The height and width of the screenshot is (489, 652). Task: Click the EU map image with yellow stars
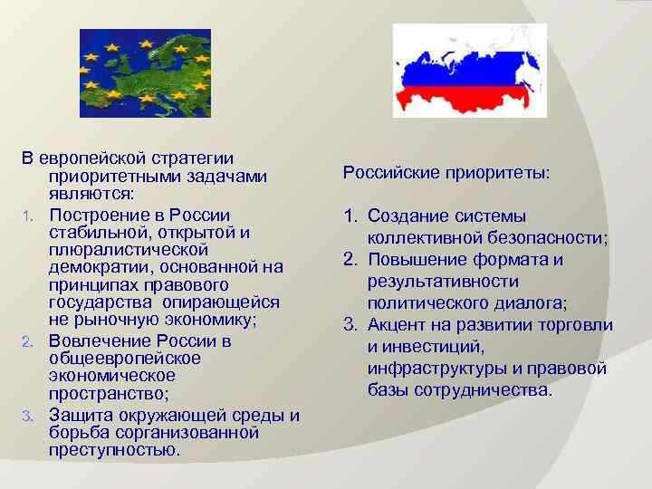[145, 72]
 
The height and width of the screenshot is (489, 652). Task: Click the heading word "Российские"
[388, 172]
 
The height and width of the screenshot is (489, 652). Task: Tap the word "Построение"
[94, 214]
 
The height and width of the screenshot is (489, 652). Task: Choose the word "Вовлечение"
[96, 341]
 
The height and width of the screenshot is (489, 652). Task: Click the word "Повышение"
[412, 260]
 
